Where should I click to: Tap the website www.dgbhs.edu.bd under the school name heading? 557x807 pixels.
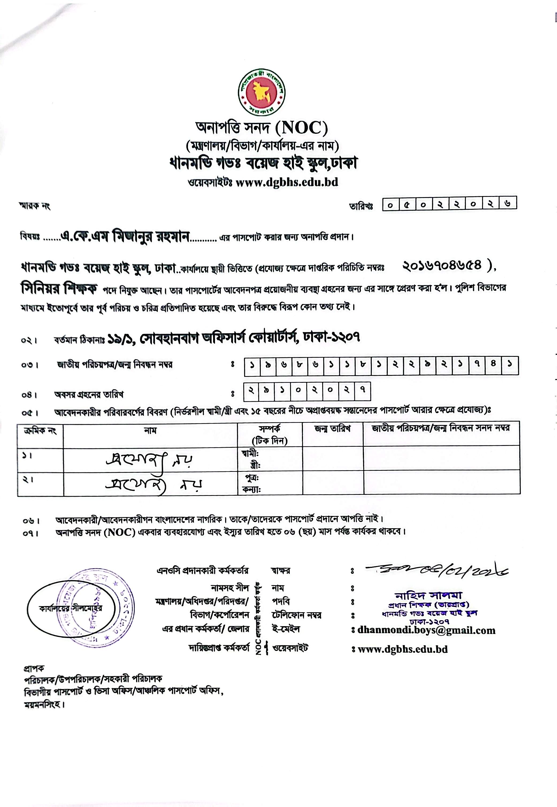pyautogui.click(x=287, y=182)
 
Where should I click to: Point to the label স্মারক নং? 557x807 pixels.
pyautogui.click(x=35, y=206)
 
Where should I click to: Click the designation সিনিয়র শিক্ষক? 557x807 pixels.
pyautogui.click(x=59, y=288)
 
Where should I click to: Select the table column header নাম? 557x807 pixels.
pyautogui.click(x=151, y=430)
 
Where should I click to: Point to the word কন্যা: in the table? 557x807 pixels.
pyautogui.click(x=251, y=490)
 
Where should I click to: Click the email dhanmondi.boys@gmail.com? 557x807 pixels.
pyautogui.click(x=426, y=630)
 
